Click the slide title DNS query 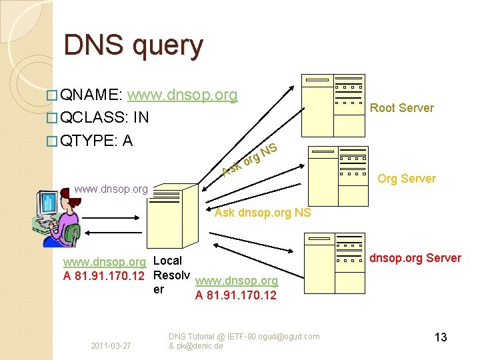pyautogui.click(x=133, y=46)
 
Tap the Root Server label pyautogui.click(x=401, y=108)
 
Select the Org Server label pyautogui.click(x=406, y=179)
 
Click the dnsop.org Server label pyautogui.click(x=415, y=258)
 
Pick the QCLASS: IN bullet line pyautogui.click(x=103, y=118)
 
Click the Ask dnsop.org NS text pyautogui.click(x=263, y=213)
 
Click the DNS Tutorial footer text pyautogui.click(x=243, y=341)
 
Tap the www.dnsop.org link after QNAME pyautogui.click(x=187, y=95)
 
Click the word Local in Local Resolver pyautogui.click(x=167, y=260)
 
